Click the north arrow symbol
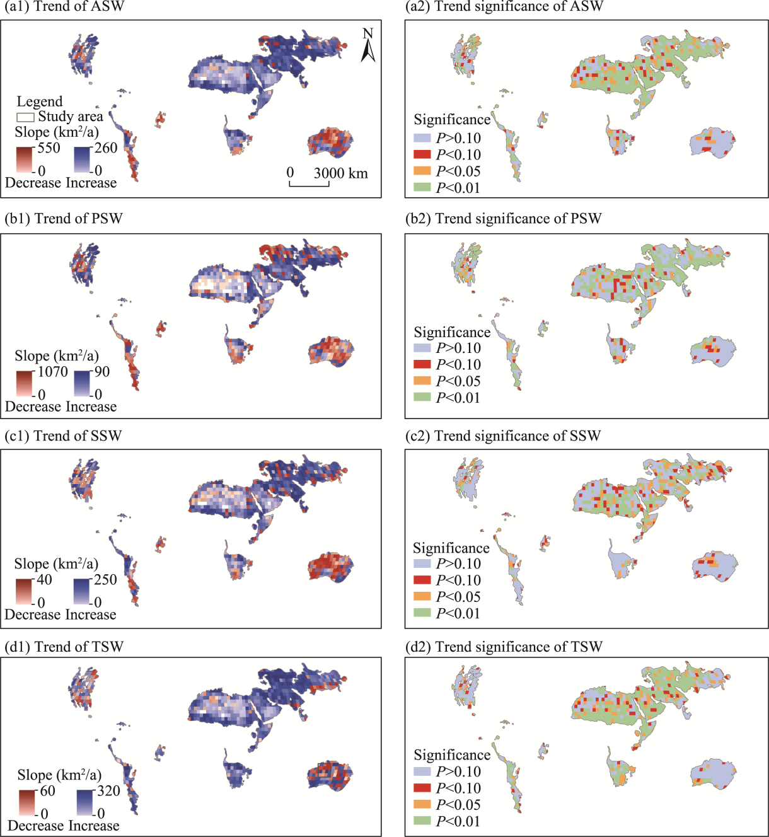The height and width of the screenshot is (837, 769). [x=368, y=46]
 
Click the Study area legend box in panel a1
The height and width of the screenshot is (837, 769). [x=25, y=117]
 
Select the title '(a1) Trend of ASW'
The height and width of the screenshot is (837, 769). [x=65, y=7]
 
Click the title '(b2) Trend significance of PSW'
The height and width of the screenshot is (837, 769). [x=503, y=219]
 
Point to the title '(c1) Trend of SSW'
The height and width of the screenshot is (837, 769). [x=63, y=436]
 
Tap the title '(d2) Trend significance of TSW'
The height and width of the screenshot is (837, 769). [x=504, y=647]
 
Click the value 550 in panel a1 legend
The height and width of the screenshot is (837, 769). [x=49, y=148]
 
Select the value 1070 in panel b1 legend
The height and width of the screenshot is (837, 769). [x=52, y=372]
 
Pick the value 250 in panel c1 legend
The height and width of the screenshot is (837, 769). [x=105, y=580]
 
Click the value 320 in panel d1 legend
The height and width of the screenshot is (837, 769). [x=108, y=791]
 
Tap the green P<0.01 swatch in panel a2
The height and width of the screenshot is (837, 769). [x=422, y=187]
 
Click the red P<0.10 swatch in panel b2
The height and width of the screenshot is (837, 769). [x=422, y=364]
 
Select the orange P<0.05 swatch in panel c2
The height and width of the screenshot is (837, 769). [x=422, y=596]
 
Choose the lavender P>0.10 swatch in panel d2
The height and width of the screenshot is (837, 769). [x=422, y=771]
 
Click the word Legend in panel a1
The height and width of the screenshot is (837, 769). [x=40, y=101]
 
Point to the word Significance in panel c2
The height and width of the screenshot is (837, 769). [x=451, y=548]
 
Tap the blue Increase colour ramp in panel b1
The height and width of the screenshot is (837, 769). [x=83, y=383]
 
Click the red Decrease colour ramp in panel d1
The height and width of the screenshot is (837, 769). [x=27, y=802]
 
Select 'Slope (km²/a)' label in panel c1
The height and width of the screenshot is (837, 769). [x=56, y=563]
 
